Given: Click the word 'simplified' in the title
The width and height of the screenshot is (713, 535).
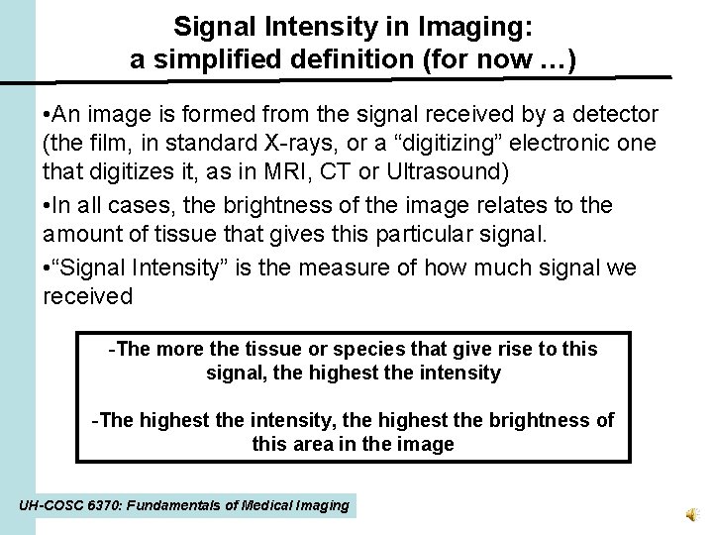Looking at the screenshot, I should pos(209,59).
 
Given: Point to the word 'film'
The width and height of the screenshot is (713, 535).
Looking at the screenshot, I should pos(105,145).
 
